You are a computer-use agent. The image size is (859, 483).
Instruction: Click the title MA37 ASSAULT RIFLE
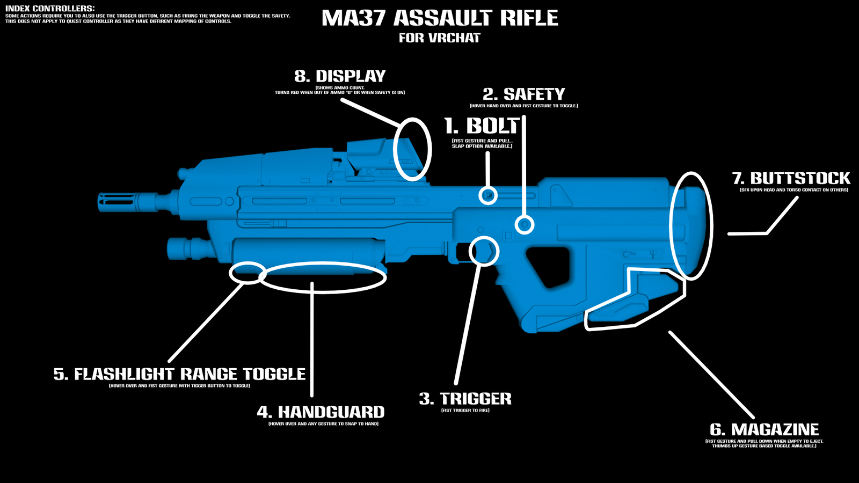click(440, 18)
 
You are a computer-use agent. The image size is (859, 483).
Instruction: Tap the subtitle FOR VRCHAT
click(439, 38)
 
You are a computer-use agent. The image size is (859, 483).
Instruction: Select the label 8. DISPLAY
click(340, 76)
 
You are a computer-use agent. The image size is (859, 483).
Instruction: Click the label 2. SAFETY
click(523, 94)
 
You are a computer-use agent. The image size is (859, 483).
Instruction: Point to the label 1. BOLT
click(481, 126)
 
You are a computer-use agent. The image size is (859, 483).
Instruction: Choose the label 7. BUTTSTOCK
click(791, 178)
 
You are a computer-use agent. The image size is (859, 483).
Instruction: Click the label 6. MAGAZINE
click(764, 429)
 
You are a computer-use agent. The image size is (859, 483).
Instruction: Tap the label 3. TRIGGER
click(465, 399)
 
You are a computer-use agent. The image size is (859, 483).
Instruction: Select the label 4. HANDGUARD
click(321, 412)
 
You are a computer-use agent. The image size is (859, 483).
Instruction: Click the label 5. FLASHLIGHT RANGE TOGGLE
click(179, 374)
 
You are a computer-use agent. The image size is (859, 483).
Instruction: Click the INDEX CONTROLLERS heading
click(50, 9)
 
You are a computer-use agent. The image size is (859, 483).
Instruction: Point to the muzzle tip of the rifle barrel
click(100, 201)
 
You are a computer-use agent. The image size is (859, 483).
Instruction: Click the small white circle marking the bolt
click(487, 195)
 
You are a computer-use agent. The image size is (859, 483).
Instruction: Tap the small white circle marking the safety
click(525, 224)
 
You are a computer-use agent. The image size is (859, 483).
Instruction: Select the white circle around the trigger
click(484, 251)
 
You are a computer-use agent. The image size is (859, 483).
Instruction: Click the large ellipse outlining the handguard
click(323, 277)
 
